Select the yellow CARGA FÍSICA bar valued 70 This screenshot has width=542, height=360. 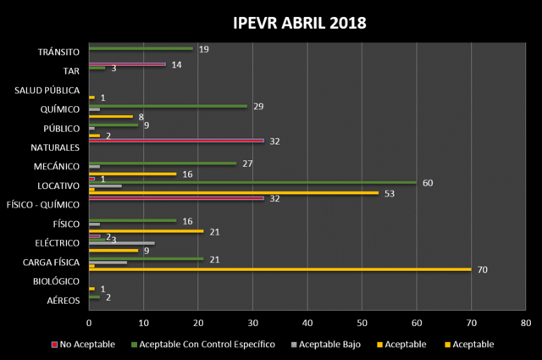(279, 269)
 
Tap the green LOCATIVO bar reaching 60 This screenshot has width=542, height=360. (252, 182)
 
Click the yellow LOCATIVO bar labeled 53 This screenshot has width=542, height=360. (234, 193)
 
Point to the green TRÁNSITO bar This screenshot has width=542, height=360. (141, 48)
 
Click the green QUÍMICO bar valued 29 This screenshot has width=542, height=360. (168, 106)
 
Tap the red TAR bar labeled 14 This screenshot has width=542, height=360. (127, 64)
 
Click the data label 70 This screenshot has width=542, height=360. (482, 269)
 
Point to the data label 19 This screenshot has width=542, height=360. (203, 49)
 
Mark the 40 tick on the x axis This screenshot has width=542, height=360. (307, 323)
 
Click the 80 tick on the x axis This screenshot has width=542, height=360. (525, 323)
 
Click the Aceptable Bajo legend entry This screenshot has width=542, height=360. (326, 344)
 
